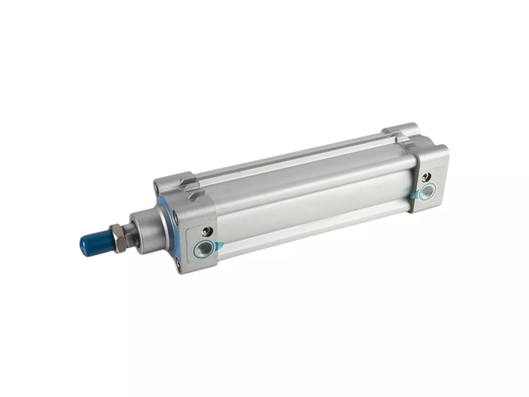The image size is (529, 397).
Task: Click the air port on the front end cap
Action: coord(204,247)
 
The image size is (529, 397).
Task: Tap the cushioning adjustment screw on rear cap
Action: coord(428,176)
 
